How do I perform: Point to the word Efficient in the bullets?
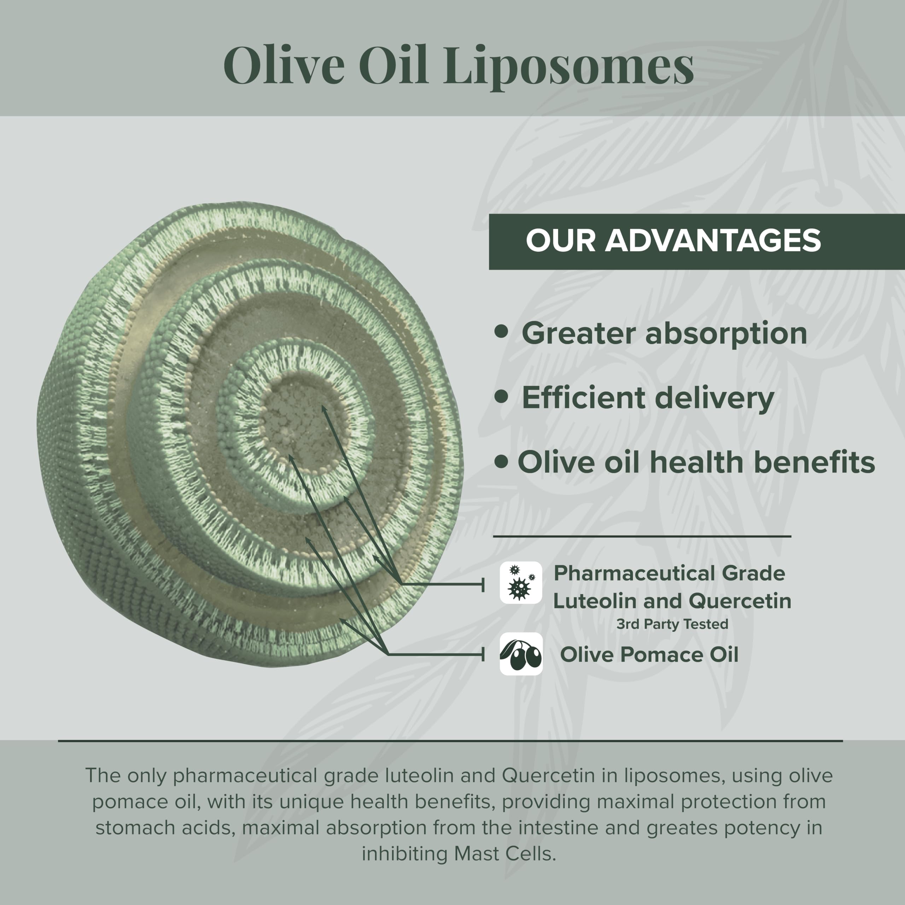[x=584, y=398]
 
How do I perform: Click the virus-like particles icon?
[x=520, y=583]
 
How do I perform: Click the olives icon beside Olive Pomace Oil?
[x=520, y=654]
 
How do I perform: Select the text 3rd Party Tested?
[x=672, y=624]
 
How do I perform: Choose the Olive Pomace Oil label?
[x=649, y=654]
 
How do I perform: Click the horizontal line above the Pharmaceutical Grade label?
[x=642, y=536]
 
